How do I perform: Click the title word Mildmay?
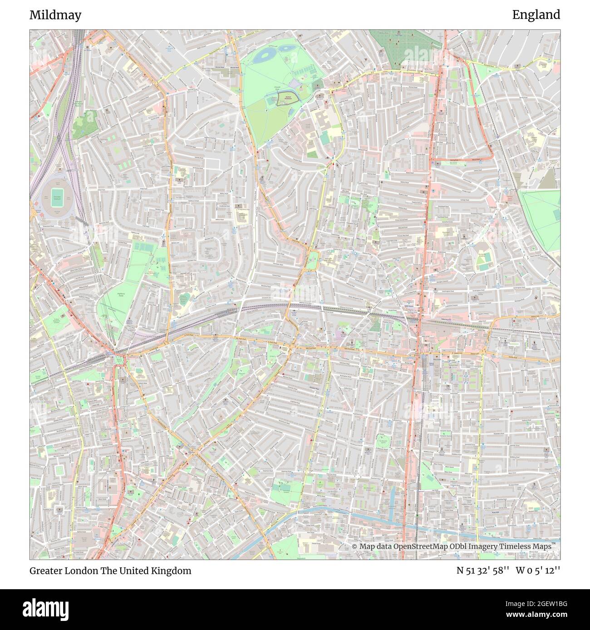click(x=55, y=15)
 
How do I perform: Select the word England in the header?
click(x=536, y=15)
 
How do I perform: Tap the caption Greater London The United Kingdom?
click(x=110, y=571)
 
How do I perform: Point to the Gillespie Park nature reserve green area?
click(x=84, y=122)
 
